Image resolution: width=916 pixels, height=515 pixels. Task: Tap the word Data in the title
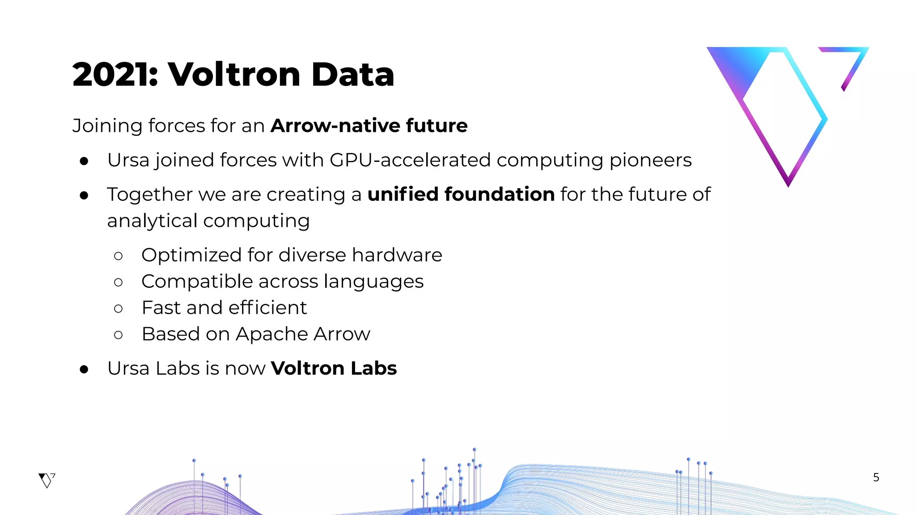coord(352,74)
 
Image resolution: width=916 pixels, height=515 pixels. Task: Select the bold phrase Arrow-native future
coord(369,126)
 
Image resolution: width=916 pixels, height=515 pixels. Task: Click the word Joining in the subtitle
coord(107,126)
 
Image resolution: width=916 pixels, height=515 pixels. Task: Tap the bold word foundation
coord(500,194)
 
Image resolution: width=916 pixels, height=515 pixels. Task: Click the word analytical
coord(152,221)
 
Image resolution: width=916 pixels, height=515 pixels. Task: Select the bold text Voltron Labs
coord(334,368)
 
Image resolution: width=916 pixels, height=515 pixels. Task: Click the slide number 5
coord(876,477)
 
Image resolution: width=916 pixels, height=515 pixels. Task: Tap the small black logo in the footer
coord(47,480)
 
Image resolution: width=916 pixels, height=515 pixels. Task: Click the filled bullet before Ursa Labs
coord(84,369)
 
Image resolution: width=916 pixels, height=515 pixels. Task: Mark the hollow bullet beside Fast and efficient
coord(118,308)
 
